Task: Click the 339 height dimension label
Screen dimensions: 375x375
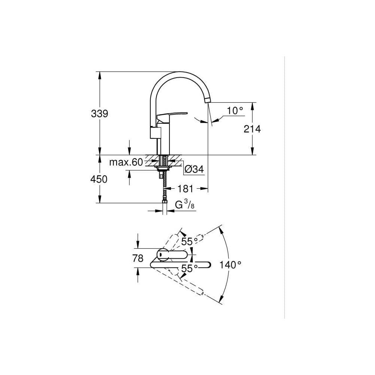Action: point(99,114)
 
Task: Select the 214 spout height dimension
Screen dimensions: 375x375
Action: point(252,129)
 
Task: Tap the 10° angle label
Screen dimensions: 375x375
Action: point(235,111)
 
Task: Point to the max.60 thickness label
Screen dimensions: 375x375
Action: point(126,162)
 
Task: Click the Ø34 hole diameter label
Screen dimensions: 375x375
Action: point(194,169)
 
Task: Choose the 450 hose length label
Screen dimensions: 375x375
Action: point(99,179)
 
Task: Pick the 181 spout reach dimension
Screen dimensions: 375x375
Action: point(185,189)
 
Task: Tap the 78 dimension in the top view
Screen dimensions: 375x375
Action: point(138,258)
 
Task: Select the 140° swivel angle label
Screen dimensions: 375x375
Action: point(230,265)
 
